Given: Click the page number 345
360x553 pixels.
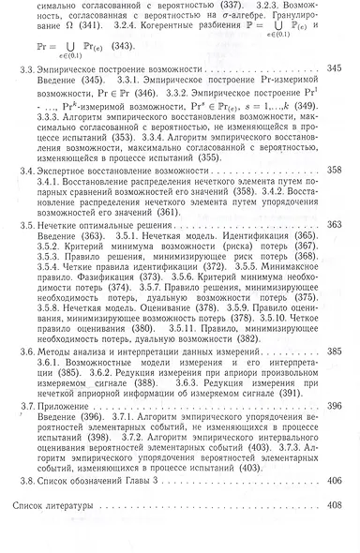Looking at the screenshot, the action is pos(335,95).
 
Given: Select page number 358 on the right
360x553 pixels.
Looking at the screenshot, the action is pos(335,199).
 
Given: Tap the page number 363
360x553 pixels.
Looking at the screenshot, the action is pos(335,251).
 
